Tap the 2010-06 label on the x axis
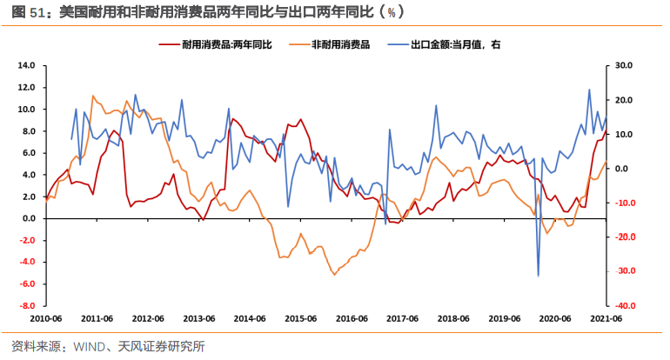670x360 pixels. coord(45,318)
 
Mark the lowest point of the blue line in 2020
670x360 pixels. coord(538,276)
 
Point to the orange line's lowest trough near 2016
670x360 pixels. coord(333,275)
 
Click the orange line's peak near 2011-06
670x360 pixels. coord(93,96)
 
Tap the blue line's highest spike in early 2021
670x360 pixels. coord(589,90)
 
